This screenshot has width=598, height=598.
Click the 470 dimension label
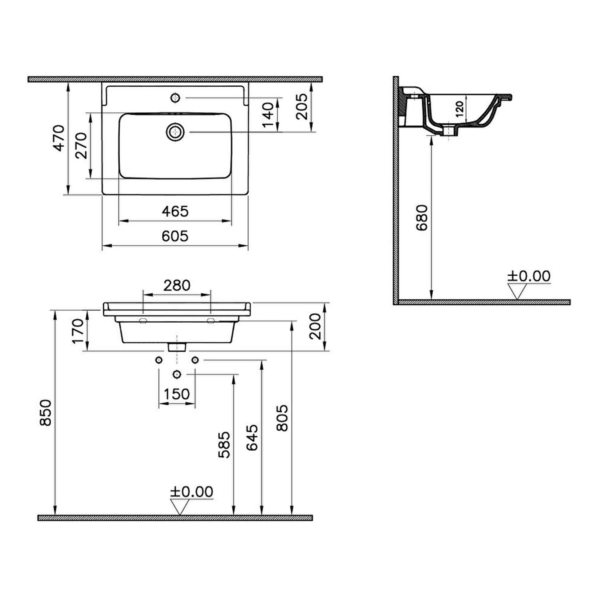point(59,138)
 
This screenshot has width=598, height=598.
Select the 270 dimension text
point(82,146)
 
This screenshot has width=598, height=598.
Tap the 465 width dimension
point(175,211)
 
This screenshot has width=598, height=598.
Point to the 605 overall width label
point(175,236)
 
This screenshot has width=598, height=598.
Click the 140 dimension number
point(268,115)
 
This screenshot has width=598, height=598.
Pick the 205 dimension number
point(301,107)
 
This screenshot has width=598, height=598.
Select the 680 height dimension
point(422,217)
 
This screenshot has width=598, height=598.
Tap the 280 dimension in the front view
point(177,285)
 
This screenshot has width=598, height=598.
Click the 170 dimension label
point(78,331)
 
